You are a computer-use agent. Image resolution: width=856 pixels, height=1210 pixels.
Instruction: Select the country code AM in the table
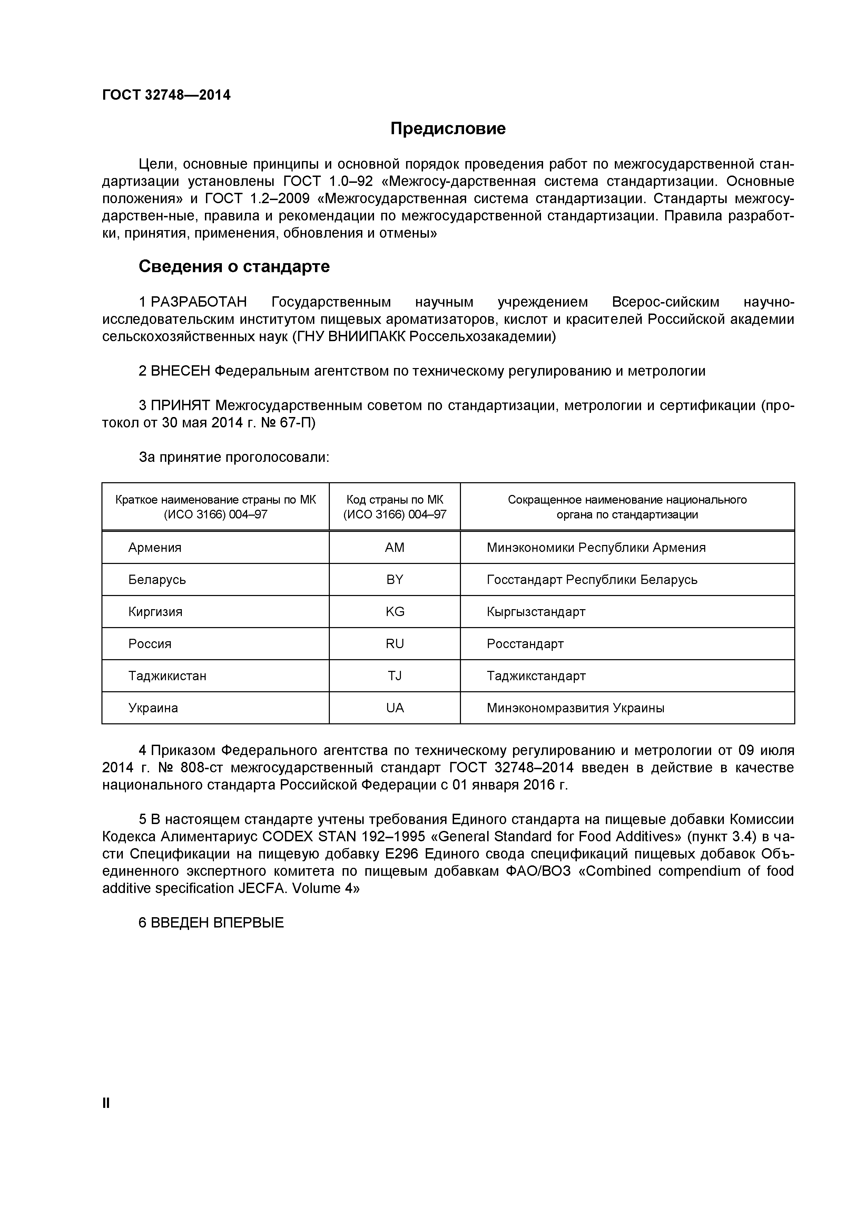394,547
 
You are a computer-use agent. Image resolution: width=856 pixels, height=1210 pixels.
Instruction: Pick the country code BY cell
394,580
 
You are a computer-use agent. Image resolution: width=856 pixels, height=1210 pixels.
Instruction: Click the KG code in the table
394,612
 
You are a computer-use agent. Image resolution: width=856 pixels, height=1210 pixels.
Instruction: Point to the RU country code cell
394,644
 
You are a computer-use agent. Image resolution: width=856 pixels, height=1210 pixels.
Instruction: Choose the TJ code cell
394,676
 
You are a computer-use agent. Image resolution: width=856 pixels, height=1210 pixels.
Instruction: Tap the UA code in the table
394,708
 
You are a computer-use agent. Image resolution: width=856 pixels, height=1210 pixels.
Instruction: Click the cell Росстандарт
525,644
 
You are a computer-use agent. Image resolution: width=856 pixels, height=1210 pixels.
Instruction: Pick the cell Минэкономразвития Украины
575,708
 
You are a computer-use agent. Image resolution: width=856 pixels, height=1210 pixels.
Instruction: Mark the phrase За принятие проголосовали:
234,457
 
